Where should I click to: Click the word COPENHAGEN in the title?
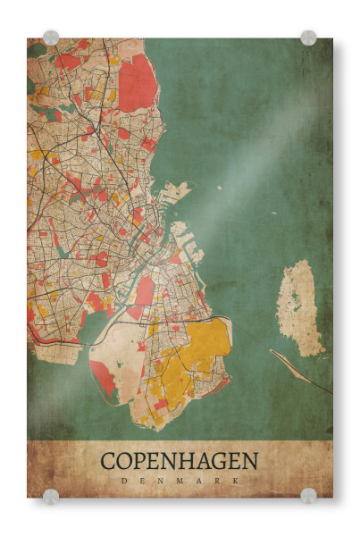pos(179,462)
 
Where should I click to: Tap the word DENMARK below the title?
pos(179,481)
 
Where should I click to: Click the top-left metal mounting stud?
pos(50,38)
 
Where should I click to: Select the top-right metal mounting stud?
pos(308,38)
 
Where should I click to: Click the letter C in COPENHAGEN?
pos(108,462)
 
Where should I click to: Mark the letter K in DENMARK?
pos(236,481)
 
